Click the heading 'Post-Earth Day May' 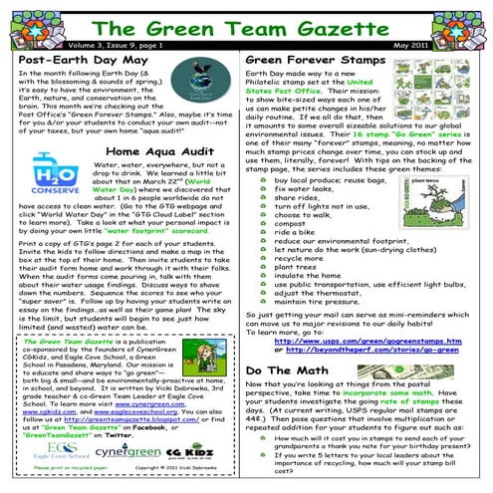[79, 60]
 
